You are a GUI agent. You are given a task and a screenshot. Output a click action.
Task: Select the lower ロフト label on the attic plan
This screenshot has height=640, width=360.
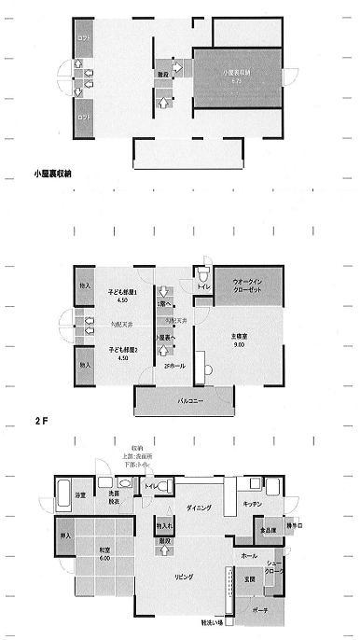pyautogui.click(x=84, y=118)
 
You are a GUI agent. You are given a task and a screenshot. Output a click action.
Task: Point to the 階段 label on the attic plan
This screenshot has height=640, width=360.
pyautogui.click(x=163, y=74)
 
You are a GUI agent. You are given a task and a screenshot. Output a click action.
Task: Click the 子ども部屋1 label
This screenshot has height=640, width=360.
pyautogui.click(x=123, y=293)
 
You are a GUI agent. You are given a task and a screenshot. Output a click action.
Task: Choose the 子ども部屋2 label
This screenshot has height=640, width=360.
pyautogui.click(x=123, y=351)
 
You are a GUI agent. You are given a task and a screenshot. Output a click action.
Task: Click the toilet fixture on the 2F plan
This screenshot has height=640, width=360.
pyautogui.click(x=203, y=276)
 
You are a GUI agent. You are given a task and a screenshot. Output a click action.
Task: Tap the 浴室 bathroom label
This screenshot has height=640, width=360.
pyautogui.click(x=80, y=494)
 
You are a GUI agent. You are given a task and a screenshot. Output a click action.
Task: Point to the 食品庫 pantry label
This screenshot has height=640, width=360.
pyautogui.click(x=268, y=529)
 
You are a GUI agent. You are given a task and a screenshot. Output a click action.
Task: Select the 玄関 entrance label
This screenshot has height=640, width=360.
pyautogui.click(x=250, y=579)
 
